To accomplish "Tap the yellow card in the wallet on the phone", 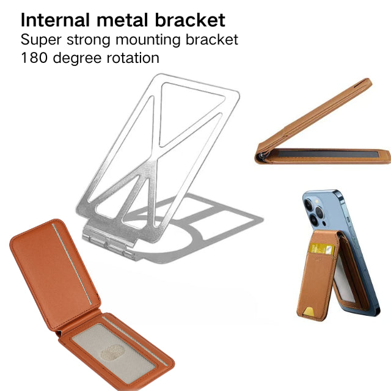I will point(320,249).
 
